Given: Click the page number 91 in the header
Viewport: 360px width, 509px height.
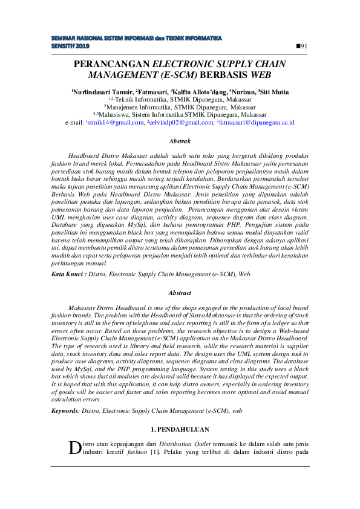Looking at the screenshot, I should pos(303,47).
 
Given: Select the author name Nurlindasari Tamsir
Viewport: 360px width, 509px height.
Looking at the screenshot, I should pos(100,92).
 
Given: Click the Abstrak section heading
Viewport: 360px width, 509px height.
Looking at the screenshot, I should pos(180,141).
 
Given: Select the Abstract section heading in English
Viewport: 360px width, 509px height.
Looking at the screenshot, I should pos(180,293).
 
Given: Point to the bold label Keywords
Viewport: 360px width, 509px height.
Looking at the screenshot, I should pos(65,410).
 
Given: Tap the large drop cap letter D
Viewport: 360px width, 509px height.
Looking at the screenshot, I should pos(74,447).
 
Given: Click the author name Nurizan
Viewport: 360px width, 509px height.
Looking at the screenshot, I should pos(241,92).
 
